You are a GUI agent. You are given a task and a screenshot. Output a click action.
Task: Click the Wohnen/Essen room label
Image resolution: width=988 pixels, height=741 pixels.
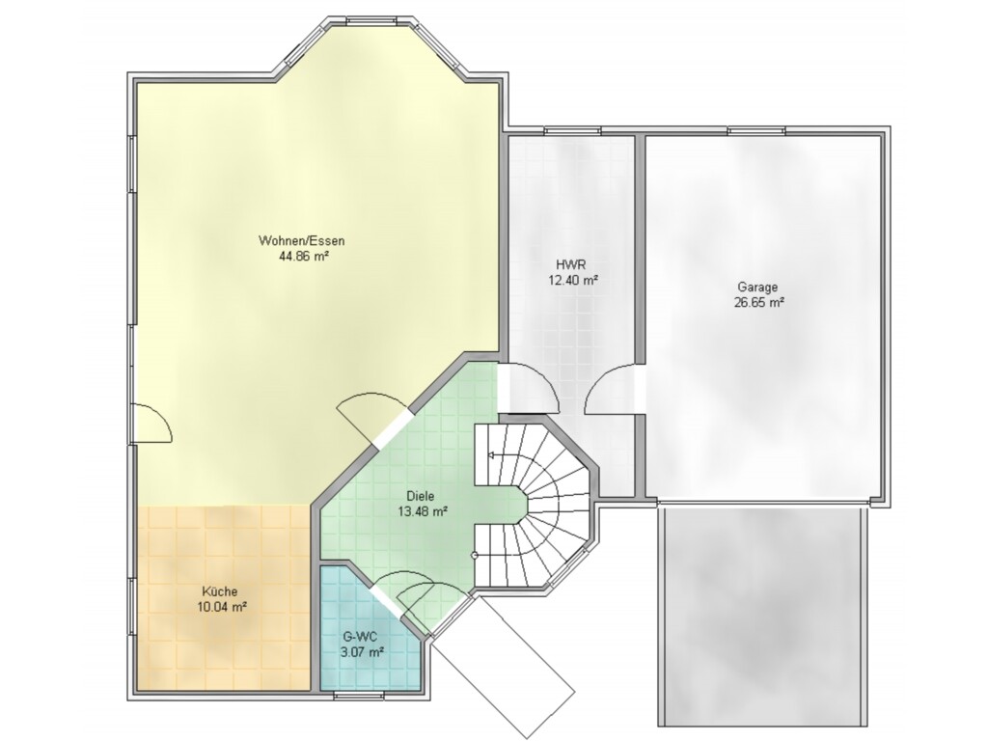pyautogui.click(x=301, y=240)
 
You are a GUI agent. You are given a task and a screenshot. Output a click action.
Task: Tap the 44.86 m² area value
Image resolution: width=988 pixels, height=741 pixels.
pyautogui.click(x=304, y=256)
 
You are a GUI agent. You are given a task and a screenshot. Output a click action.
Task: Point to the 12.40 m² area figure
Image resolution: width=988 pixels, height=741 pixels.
pyautogui.click(x=573, y=281)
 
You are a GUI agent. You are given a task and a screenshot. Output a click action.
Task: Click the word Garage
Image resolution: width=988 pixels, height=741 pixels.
pyautogui.click(x=758, y=288)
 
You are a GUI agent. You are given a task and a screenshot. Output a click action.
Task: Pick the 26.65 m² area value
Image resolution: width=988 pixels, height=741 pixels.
pyautogui.click(x=758, y=302)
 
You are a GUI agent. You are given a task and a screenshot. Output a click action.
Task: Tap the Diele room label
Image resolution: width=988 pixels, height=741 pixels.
pyautogui.click(x=421, y=497)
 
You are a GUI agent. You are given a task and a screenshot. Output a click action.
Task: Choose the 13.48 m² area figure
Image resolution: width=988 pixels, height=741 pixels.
pyautogui.click(x=423, y=511)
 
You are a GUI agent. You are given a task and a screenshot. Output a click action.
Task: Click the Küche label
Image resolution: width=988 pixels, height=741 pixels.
pyautogui.click(x=220, y=591)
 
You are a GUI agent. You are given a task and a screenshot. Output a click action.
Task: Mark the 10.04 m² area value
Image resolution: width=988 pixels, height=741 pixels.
pyautogui.click(x=221, y=608)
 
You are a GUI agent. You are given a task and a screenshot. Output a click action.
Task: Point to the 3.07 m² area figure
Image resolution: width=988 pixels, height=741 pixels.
pyautogui.click(x=363, y=653)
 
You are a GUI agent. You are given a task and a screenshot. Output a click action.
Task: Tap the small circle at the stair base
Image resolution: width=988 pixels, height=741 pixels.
pyautogui.click(x=474, y=555)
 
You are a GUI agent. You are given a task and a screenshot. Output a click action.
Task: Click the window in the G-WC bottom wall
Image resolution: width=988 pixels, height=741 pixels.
pyautogui.click(x=359, y=695)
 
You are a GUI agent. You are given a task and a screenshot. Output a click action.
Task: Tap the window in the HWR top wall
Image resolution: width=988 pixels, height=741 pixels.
pyautogui.click(x=572, y=131)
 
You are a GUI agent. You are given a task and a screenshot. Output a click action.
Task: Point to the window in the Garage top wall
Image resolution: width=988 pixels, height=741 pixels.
pyautogui.click(x=756, y=131)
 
